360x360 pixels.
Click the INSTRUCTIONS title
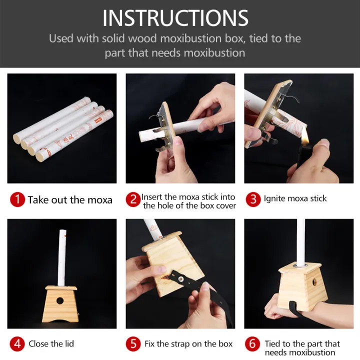175,18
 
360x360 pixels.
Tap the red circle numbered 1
17,199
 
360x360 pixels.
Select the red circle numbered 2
133,199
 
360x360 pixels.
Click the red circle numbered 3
253,199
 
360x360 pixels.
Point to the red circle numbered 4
17,343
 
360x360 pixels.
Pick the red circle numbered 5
133,343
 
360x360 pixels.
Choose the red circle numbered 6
252,343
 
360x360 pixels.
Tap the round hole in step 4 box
60,301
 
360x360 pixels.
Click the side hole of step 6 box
314,282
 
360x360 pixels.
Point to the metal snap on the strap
181,279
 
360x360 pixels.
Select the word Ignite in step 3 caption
273,198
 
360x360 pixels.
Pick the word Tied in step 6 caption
272,343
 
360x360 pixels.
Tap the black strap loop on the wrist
295,308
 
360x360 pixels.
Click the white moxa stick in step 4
62,257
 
